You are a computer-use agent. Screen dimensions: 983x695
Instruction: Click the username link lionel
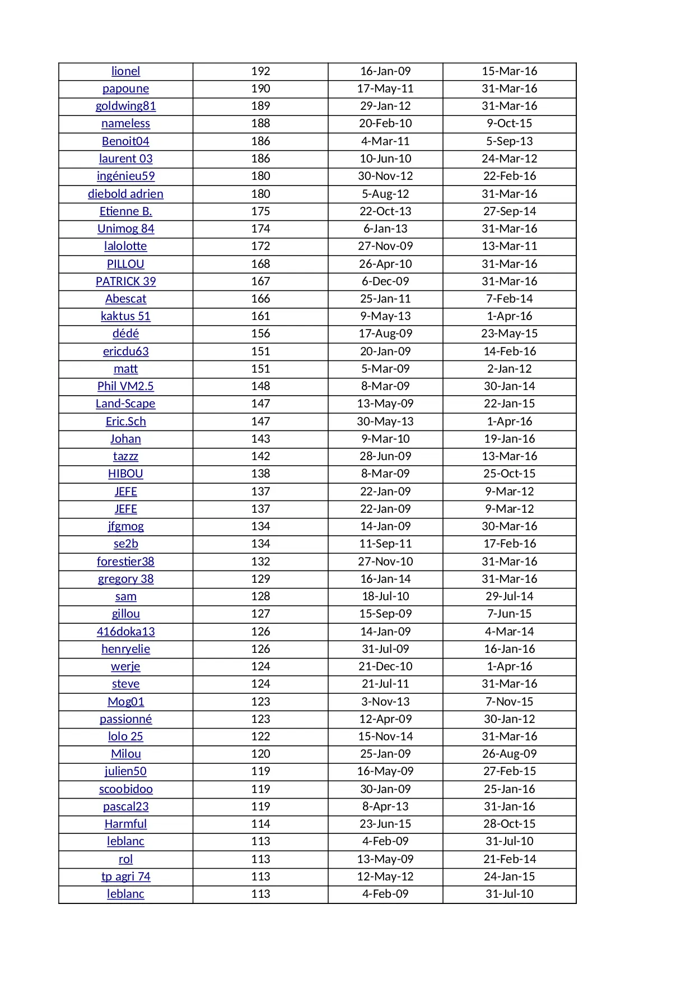click(125, 71)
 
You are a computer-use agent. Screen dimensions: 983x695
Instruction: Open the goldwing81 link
click(125, 106)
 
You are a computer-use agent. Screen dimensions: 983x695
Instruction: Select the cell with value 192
click(260, 71)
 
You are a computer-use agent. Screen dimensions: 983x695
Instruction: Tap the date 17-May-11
click(385, 89)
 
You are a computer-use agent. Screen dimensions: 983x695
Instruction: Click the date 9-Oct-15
click(509, 123)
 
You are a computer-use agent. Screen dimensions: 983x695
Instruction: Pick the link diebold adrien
click(125, 194)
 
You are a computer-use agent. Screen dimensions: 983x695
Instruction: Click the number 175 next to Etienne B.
click(260, 211)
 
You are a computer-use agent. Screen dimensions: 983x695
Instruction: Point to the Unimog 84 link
click(125, 229)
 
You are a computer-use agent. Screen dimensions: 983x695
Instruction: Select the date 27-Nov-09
click(385, 246)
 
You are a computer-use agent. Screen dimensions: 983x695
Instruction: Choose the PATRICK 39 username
click(125, 281)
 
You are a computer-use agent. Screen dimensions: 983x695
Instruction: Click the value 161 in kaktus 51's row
click(260, 316)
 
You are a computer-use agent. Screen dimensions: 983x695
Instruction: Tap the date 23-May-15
click(509, 333)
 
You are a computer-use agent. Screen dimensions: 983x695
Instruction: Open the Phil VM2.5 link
click(125, 386)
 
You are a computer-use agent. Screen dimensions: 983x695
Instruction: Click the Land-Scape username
click(125, 404)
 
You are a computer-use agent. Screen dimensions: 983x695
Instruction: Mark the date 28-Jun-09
click(385, 456)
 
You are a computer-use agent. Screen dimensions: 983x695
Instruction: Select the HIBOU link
click(125, 474)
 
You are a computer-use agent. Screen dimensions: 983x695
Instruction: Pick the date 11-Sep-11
click(385, 544)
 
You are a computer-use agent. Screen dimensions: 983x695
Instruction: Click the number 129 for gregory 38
click(260, 579)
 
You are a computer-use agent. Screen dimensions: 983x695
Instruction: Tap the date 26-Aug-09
click(509, 754)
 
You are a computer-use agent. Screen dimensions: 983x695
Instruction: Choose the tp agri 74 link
click(125, 877)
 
